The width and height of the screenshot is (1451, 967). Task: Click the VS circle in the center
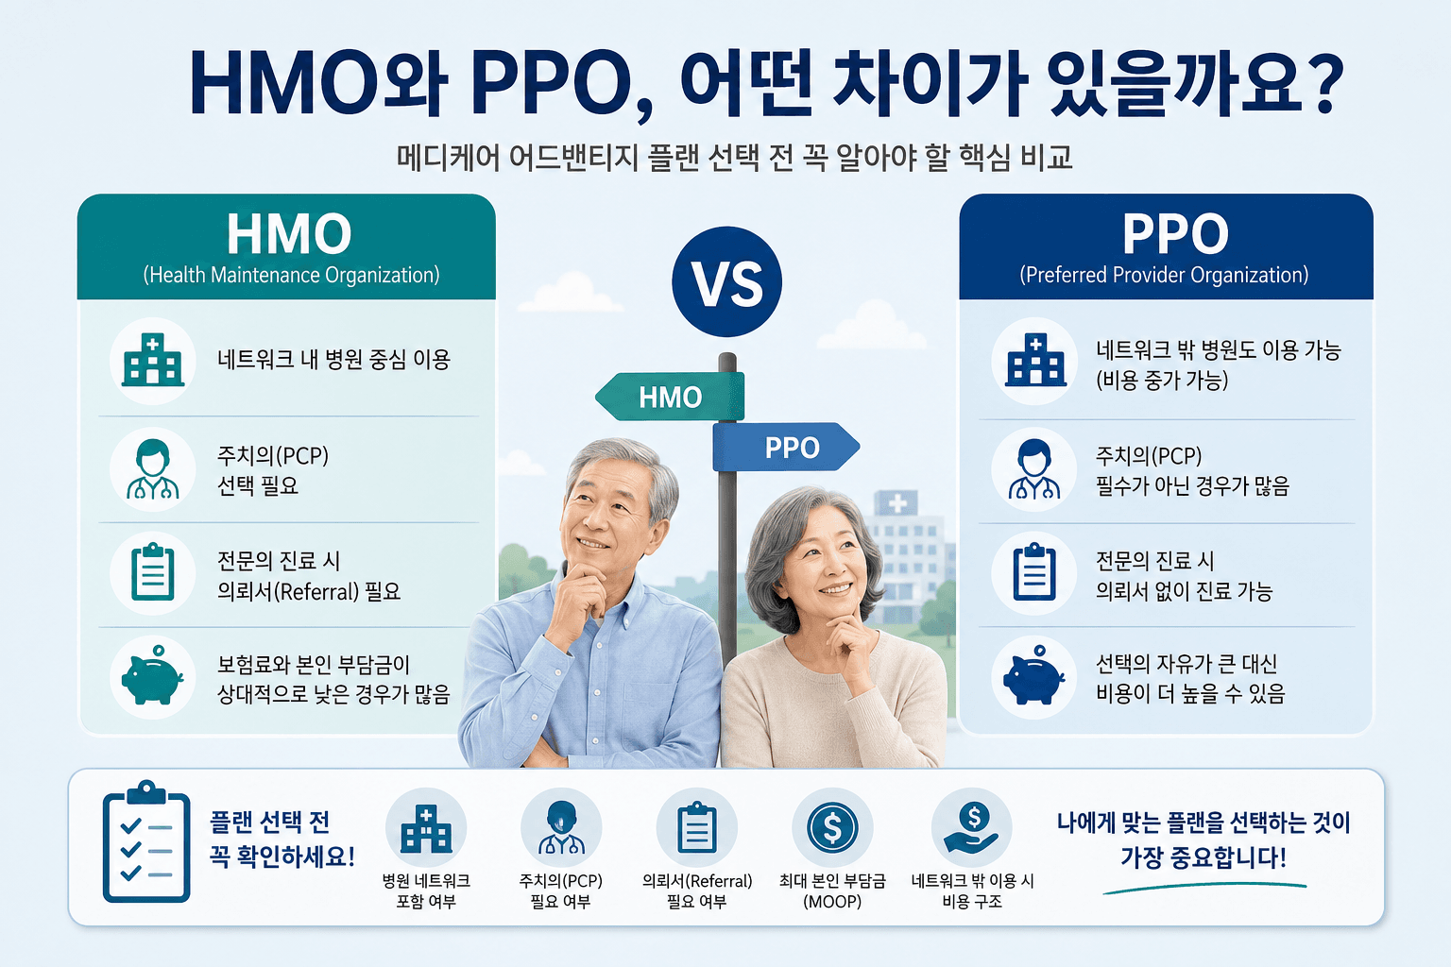point(726,281)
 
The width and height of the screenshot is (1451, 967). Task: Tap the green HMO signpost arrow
point(670,397)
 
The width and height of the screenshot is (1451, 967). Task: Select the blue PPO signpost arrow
point(786,447)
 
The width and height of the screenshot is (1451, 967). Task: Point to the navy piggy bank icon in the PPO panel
point(1033,675)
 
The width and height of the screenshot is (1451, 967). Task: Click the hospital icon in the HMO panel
point(153,360)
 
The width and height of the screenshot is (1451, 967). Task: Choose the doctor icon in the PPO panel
point(1033,469)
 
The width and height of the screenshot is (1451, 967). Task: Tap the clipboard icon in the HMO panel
point(153,572)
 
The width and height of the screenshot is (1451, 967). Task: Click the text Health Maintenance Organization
point(292,275)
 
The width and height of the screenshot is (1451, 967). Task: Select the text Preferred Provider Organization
point(1164,275)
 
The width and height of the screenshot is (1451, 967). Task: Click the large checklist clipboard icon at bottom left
point(146,841)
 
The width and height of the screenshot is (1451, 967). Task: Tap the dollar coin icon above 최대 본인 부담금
point(832,828)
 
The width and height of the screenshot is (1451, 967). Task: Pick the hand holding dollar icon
point(972,828)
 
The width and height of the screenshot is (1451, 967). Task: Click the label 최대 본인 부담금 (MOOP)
point(832,891)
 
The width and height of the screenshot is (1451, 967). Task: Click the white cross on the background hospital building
point(897,503)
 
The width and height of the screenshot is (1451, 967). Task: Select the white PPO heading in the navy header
point(1175,234)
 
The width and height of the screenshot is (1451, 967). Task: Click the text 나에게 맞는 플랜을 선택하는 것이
point(1203,823)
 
